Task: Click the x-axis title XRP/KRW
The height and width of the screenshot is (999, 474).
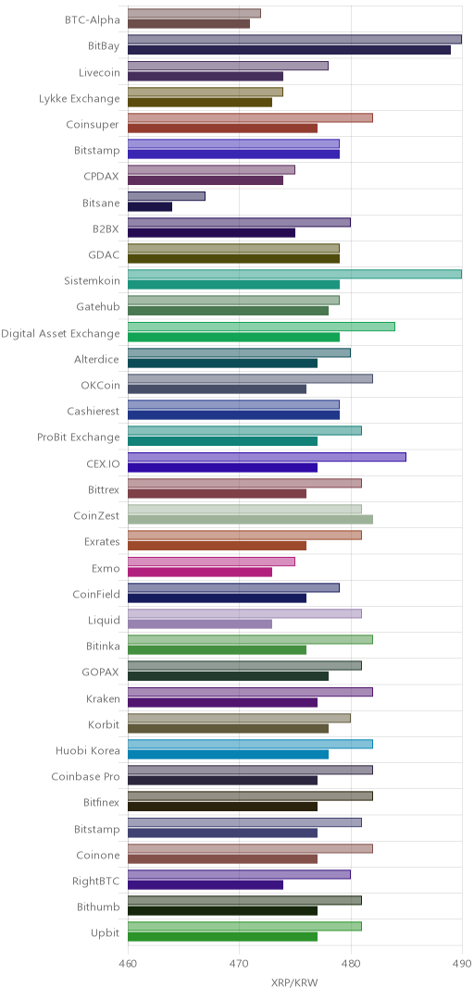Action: (x=294, y=982)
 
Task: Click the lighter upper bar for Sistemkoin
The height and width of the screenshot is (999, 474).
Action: (x=294, y=274)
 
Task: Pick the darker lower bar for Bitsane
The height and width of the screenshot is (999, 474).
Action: (x=150, y=206)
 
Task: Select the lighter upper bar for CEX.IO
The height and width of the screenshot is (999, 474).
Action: (x=268, y=457)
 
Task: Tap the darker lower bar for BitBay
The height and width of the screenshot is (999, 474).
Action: (x=290, y=50)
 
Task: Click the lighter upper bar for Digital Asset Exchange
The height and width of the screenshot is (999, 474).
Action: (x=262, y=327)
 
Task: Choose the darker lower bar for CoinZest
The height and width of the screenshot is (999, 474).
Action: (x=251, y=519)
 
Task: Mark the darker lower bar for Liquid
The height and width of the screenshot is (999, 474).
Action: (x=200, y=623)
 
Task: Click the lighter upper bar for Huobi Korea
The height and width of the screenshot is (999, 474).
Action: (x=251, y=744)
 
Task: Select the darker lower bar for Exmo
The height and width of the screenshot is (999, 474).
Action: (x=200, y=572)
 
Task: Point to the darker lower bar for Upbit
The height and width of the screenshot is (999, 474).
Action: (x=222, y=936)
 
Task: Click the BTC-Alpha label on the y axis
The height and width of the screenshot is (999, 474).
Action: (x=92, y=19)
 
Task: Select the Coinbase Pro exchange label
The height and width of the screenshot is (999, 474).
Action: (x=85, y=777)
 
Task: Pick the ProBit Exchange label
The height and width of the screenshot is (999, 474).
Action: (x=79, y=437)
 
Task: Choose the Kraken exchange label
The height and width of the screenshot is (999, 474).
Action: (x=103, y=698)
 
